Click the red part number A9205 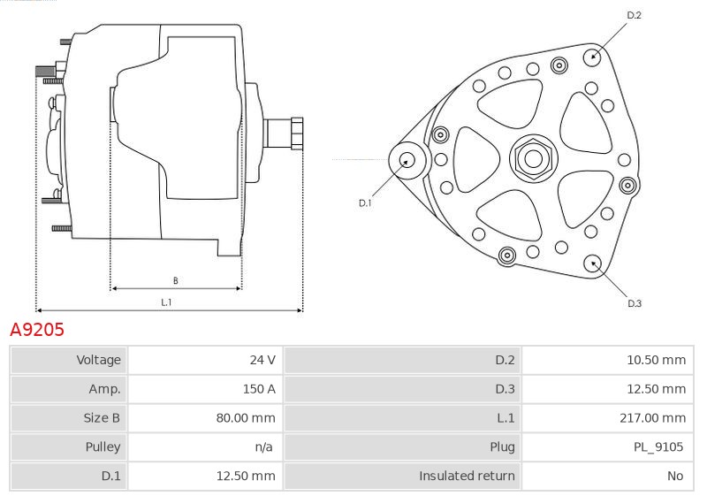coord(37,330)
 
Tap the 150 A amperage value coord(259,389)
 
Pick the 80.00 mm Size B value coord(246,417)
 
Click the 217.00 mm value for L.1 coord(652,417)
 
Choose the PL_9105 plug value coord(658,446)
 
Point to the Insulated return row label coord(467,476)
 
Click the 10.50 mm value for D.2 coord(656,360)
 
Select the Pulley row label coord(103,446)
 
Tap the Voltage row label coord(98,360)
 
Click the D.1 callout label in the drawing coord(365,203)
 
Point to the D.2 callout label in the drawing coord(634,15)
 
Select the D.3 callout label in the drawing coord(635,303)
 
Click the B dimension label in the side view coord(175,280)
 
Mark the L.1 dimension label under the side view coord(166,302)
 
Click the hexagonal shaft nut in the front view coord(534,158)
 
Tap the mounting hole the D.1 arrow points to coord(407,160)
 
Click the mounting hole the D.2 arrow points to coord(593,57)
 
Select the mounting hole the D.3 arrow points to coord(592,263)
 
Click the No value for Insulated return coord(675,476)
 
